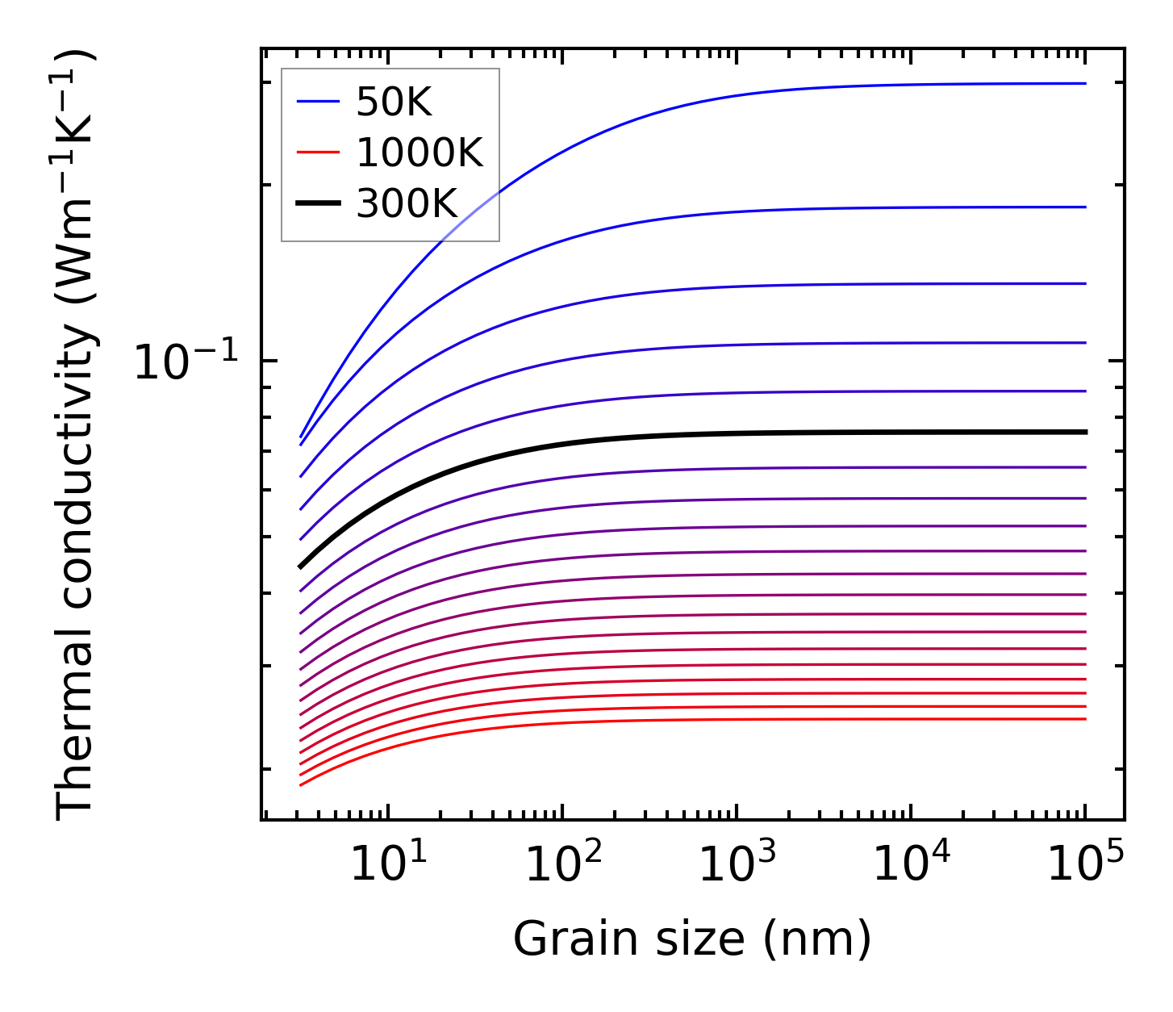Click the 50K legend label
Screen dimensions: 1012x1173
click(x=394, y=102)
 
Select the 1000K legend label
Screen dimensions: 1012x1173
click(x=419, y=153)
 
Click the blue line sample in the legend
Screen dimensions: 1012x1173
click(x=319, y=102)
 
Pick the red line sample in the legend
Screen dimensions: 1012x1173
click(x=319, y=153)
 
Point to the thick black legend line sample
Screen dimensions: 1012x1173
click(x=319, y=203)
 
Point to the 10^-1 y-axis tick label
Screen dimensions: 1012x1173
click(x=186, y=361)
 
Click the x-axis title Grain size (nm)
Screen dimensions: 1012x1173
click(x=692, y=939)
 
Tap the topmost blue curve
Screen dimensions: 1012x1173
click(x=726, y=95)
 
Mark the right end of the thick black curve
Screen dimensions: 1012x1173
click(x=1086, y=432)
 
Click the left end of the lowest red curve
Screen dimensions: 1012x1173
click(x=301, y=784)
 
